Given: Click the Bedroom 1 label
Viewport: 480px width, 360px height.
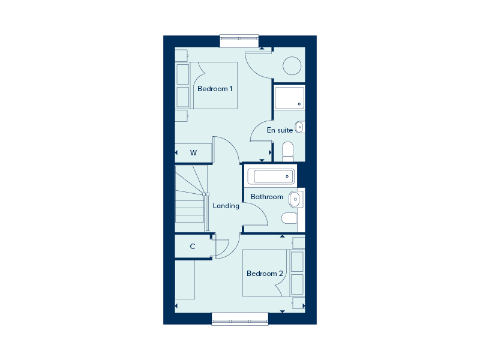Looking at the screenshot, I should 215,89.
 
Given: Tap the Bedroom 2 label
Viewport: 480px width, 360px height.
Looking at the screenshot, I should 265,274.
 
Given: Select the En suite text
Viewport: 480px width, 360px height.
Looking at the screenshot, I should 280,130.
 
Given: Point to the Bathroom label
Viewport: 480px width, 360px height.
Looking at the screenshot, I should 266,197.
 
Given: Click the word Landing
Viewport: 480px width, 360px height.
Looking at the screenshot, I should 226,206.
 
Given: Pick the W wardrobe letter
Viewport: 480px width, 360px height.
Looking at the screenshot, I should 193,153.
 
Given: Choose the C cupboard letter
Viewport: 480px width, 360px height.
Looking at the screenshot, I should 193,246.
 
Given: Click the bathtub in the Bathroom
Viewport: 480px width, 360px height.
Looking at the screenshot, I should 274,176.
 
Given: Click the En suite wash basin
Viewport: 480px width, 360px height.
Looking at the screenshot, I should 300,127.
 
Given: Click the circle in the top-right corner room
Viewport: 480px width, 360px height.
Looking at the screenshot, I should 292,65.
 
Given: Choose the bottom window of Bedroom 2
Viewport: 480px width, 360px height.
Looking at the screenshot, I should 240,319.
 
